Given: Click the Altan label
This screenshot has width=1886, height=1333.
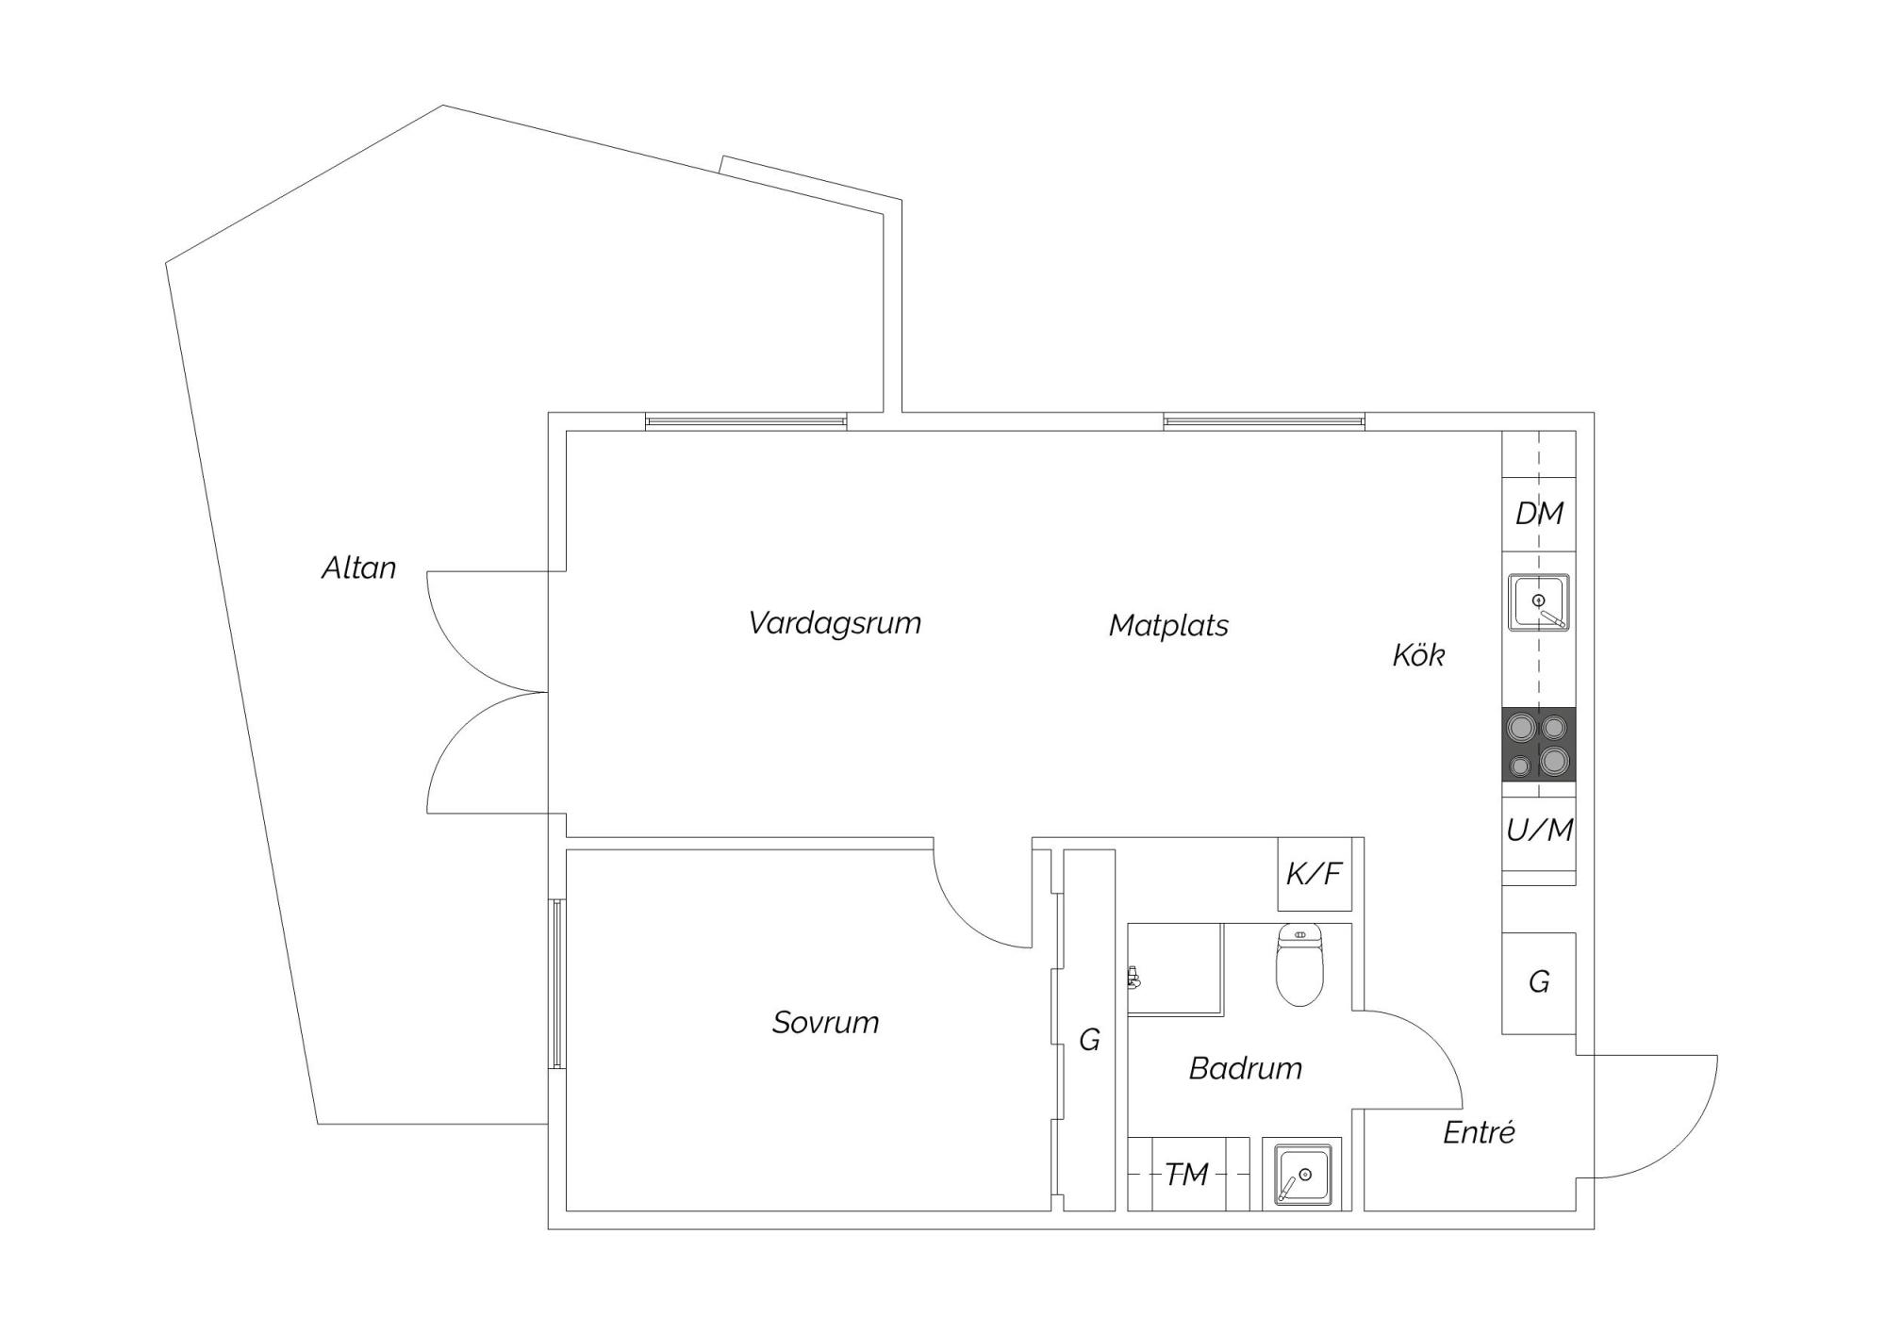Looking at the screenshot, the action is point(358,568).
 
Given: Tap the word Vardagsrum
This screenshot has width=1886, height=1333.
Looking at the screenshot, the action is point(835,623).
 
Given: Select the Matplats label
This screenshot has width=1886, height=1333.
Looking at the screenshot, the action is point(1168,625).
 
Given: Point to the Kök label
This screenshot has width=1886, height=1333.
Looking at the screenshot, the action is point(1418,654).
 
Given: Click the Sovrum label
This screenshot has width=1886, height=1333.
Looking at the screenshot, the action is point(825,1022).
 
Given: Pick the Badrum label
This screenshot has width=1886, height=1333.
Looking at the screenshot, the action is point(1245,1068).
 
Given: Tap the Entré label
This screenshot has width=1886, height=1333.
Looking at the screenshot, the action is point(1479,1131).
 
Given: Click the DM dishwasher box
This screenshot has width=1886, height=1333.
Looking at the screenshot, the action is point(1539,514).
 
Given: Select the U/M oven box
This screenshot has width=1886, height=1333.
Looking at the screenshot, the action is point(1539,830).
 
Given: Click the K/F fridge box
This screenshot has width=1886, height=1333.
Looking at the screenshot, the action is point(1315,874).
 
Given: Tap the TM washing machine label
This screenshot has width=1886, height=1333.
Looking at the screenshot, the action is point(1186,1175).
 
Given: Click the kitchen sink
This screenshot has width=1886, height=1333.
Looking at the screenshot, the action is point(1539,602).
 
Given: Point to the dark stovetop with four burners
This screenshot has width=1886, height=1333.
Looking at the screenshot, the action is point(1539,744).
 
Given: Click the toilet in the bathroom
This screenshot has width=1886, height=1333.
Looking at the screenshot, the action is point(1299,963).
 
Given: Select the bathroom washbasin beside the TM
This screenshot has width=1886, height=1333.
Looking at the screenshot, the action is point(1302,1176).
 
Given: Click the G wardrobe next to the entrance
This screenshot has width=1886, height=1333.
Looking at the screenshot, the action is point(1539,983).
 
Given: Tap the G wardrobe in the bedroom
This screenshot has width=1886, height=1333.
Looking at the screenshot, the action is point(1089,1030).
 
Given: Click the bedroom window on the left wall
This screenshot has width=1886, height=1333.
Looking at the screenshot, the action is point(557,984).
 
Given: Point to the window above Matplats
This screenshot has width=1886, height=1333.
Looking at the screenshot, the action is point(1264,421).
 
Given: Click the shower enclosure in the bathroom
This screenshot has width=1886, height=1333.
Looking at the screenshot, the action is point(1175,969).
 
